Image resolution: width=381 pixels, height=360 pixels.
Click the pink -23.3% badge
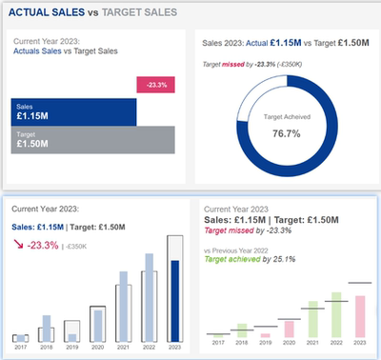pos(155,85)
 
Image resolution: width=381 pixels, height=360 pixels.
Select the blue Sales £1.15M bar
pos(73,112)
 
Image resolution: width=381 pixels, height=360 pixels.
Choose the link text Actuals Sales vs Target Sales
pos(64,52)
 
